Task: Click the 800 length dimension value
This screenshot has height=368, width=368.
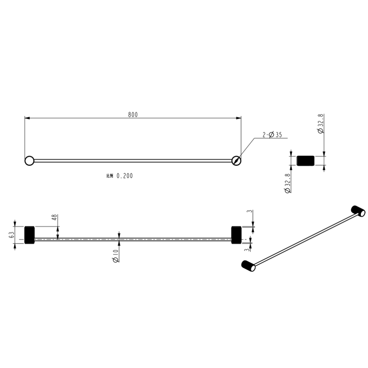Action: coord(133,114)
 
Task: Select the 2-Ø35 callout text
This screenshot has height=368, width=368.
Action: coord(272,135)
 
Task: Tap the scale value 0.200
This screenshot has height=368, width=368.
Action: coord(124,176)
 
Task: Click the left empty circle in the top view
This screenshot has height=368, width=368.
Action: coord(29,160)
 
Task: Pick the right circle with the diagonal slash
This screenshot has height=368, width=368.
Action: coord(236,160)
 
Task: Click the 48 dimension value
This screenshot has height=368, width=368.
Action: coord(54,218)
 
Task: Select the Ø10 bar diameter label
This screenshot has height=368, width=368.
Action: coord(115,257)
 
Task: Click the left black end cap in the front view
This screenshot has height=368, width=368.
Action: coord(29,235)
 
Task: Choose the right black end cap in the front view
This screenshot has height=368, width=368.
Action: coord(236,235)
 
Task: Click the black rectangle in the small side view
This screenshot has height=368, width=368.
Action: coord(305,160)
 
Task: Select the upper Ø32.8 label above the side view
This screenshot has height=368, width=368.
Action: coord(321,124)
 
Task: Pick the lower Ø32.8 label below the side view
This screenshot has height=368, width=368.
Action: coord(287,183)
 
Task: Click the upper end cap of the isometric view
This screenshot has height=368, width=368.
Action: coord(358,211)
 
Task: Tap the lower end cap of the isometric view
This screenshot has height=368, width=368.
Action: coord(248,266)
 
